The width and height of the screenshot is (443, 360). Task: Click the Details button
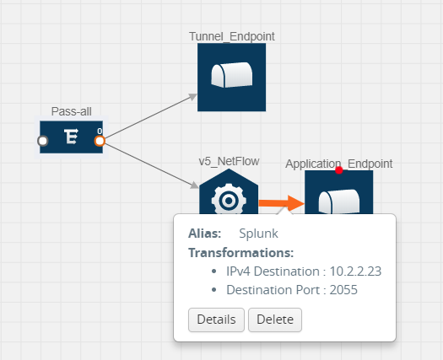coord(216,320)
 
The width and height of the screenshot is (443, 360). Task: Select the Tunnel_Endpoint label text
coord(232,36)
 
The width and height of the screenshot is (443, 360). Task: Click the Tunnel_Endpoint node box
coord(232,77)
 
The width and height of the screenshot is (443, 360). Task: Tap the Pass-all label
coord(72,111)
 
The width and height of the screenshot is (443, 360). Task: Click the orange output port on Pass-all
coord(100,141)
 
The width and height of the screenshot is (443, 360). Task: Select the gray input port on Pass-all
coord(43,141)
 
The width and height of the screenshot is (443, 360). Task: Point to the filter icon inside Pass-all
coord(71,137)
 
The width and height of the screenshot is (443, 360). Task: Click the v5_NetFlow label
coord(229,162)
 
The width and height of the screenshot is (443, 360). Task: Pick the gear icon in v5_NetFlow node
coord(229,201)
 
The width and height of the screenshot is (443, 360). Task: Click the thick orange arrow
coord(281,203)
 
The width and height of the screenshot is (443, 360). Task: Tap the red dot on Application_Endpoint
coord(339,170)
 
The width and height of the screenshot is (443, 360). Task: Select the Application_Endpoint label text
coord(338,164)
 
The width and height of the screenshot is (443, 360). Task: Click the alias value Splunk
coord(258,234)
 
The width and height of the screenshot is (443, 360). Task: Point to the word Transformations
coord(241,253)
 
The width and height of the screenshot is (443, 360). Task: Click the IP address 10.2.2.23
coord(355,271)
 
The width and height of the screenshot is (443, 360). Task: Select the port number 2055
coord(343,290)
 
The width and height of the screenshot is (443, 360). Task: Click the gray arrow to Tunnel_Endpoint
coord(151,116)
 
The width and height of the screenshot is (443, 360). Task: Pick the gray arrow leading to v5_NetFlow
coord(152,166)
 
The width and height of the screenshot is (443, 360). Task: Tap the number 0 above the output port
coord(100,132)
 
